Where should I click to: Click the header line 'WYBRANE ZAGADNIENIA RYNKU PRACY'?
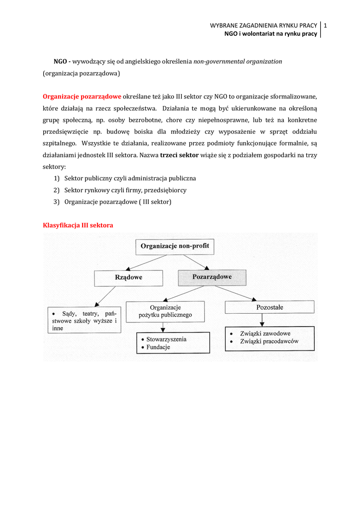click(264, 25)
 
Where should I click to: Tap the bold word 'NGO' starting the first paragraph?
click(60, 62)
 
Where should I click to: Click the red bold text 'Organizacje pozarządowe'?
click(82, 96)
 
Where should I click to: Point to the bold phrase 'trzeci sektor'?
click(180, 155)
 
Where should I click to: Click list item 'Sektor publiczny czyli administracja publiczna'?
click(130, 178)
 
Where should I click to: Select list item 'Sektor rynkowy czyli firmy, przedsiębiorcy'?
click(125, 190)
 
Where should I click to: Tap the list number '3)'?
click(56, 202)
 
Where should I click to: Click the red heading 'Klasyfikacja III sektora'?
click(78, 225)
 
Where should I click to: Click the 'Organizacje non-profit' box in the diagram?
click(175, 246)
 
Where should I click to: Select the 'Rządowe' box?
click(128, 278)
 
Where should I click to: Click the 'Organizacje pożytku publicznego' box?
click(165, 312)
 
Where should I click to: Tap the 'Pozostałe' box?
click(270, 308)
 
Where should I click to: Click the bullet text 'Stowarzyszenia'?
click(166, 339)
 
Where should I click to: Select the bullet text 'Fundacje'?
click(158, 347)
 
